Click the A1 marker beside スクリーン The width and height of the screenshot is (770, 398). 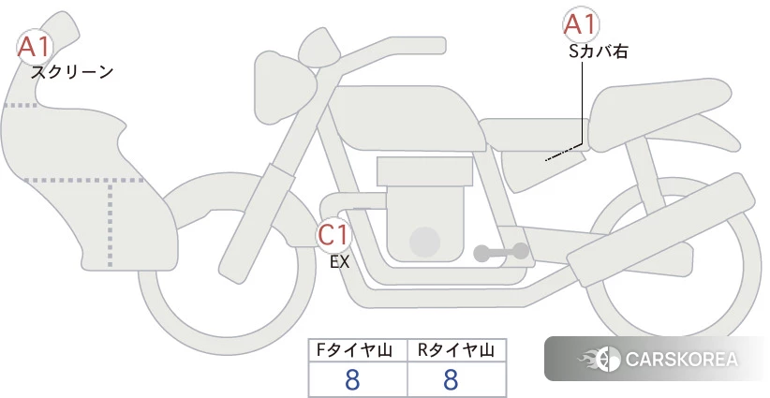coord(34,47)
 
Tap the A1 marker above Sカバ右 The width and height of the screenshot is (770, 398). coord(581,24)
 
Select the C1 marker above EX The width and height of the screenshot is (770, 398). coord(333,235)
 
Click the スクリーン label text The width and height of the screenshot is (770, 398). coord(72,72)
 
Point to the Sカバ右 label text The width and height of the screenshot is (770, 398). coord(599,52)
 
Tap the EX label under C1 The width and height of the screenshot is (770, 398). coord(339,262)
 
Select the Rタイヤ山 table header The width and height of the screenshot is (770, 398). coord(456,350)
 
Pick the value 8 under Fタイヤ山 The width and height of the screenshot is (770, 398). coord(352,379)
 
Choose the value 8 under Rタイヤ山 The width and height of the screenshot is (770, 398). coord(451,379)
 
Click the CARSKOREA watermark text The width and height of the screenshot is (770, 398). coord(681,360)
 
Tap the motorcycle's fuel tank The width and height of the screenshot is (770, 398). coord(404,118)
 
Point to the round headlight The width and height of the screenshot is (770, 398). coord(284,88)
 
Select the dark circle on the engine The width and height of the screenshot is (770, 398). coord(424,242)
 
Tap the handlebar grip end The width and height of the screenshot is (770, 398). coord(433,45)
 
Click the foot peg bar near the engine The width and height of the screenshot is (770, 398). coord(501,253)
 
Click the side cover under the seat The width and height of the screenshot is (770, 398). coord(542,170)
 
